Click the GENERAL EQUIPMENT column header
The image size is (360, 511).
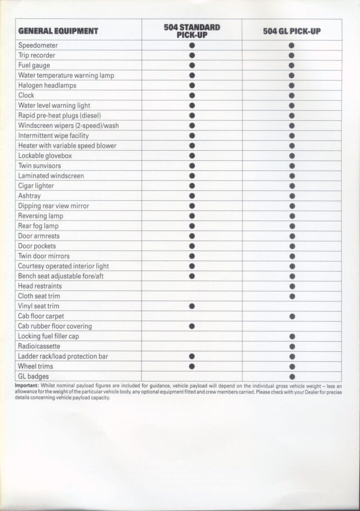58,31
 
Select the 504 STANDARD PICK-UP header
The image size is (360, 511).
192,30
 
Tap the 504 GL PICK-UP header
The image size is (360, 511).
292,31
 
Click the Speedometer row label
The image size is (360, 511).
34,45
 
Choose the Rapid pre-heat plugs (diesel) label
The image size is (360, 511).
59,116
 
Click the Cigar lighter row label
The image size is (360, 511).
36,186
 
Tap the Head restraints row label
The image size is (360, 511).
40,286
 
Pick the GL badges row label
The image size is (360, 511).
33,376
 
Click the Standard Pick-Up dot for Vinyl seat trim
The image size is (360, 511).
192,306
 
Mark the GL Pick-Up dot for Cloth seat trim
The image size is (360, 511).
292,296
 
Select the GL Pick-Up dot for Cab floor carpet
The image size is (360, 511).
292,316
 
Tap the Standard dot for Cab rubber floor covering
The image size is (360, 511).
192,326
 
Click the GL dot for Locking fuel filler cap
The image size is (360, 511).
292,336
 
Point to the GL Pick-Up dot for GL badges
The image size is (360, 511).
292,377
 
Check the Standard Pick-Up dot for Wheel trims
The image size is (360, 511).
192,366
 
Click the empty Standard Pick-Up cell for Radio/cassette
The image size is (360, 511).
192,346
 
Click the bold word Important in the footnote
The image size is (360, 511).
26,386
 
